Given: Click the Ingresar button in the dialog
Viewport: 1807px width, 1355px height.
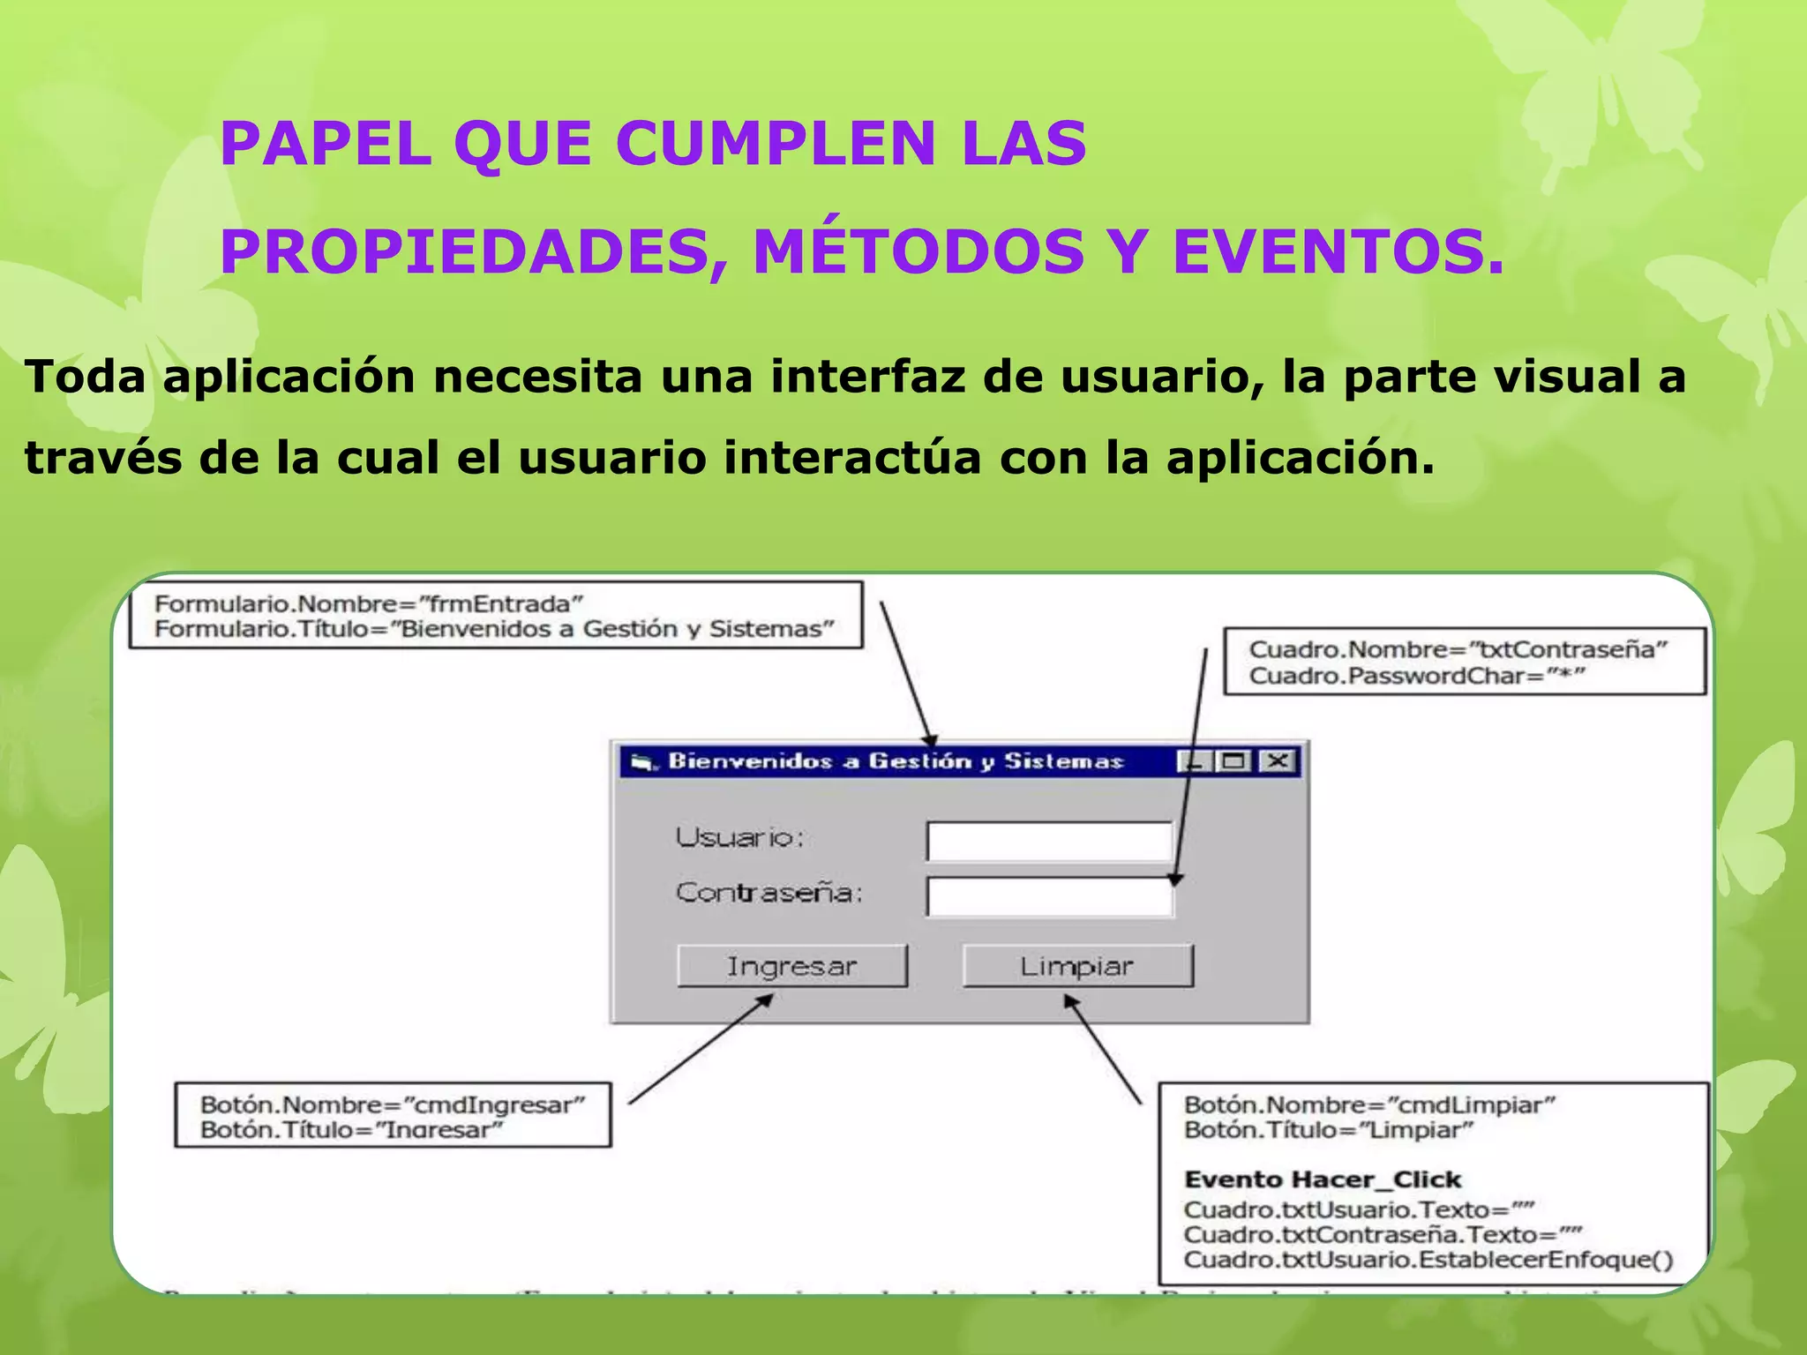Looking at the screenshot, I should point(791,966).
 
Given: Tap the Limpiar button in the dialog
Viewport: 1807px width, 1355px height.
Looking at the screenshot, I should point(1077,966).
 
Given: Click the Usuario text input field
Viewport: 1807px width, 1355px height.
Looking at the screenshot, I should point(1049,842).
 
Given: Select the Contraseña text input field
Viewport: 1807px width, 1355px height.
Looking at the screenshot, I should point(1049,897).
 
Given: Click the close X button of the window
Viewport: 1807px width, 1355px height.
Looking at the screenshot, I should point(1278,761).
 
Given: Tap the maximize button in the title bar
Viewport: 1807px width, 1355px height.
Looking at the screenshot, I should point(1233,761).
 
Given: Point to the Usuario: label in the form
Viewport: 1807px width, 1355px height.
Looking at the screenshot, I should point(739,837).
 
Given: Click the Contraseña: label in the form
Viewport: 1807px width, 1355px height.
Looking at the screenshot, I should point(769,893).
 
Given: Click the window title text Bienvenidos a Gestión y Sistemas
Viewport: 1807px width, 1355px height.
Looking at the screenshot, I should point(895,761).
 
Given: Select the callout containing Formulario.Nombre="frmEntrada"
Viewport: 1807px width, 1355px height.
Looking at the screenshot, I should point(495,616).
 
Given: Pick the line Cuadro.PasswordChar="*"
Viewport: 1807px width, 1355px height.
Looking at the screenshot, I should point(1417,677).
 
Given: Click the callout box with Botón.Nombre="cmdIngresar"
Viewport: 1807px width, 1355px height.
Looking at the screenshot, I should point(393,1116).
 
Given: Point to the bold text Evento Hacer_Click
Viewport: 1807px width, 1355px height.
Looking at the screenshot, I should point(1323,1179).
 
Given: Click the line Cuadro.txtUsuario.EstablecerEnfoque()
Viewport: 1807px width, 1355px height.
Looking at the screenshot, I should point(1428,1260).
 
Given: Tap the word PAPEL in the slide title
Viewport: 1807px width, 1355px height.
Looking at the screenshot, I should point(325,144).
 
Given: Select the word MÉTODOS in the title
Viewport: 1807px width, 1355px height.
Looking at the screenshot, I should point(918,251).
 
